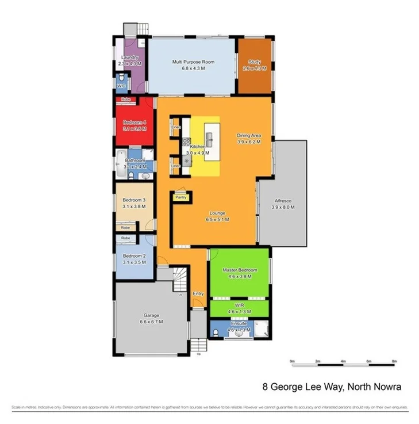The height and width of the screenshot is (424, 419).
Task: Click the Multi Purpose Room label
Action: click(193, 62)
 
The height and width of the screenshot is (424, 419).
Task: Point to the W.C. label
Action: click(121, 86)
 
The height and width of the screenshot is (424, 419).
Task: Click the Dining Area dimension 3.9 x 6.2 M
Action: click(249, 142)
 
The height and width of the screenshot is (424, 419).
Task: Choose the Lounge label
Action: click(217, 213)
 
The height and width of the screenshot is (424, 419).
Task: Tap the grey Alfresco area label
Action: click(284, 201)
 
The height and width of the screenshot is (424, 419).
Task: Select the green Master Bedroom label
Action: click(240, 270)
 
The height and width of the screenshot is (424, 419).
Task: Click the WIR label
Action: click(240, 305)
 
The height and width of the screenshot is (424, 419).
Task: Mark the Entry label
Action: click(198, 294)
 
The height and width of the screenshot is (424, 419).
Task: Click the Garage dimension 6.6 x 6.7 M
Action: click(151, 322)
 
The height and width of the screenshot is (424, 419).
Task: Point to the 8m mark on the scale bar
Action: click(394, 361)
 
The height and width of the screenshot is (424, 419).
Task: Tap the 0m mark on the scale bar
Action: click(292, 361)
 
